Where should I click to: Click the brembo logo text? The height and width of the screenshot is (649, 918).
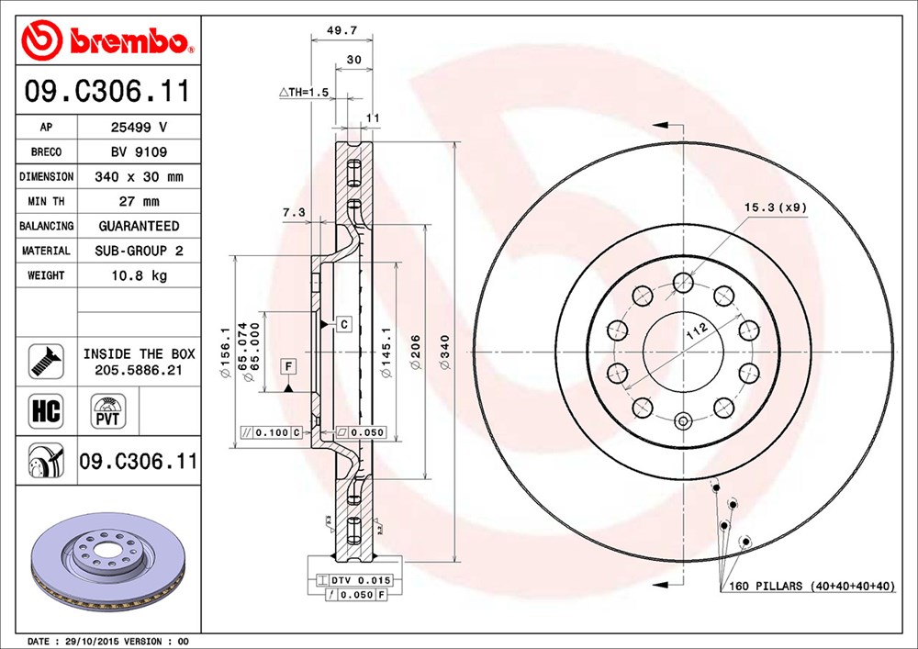[138, 41]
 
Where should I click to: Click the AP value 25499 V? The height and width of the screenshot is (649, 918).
[138, 128]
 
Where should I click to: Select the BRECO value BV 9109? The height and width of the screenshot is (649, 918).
[138, 151]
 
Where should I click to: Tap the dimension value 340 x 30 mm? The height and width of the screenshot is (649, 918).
[138, 176]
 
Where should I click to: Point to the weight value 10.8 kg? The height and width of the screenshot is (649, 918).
[138, 275]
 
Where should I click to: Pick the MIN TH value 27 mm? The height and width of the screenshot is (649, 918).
[138, 201]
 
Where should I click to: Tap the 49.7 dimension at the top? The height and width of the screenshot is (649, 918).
[341, 30]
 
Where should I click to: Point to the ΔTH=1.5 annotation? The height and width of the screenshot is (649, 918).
[303, 93]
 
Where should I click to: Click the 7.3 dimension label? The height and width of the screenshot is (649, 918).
[294, 212]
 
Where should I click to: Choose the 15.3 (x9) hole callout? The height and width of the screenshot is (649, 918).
[776, 207]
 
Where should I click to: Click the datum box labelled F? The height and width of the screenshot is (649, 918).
[287, 366]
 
